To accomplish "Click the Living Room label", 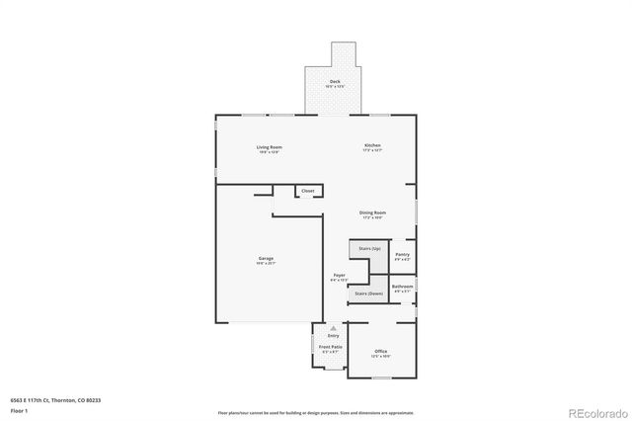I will point(269,147).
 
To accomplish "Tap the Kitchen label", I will point(371,146).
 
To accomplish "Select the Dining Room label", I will point(372,212).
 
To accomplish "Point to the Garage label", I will point(267,259).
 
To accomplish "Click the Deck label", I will point(336,82).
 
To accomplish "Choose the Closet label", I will point(308,191).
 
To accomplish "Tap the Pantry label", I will point(402,255).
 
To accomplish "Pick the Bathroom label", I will point(403,287).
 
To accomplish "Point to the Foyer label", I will point(339,276).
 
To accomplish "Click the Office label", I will point(380,353).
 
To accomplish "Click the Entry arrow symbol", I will point(333,327).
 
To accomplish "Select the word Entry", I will point(333,335).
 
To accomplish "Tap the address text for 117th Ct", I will point(58,399).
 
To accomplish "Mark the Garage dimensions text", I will point(267,264).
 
